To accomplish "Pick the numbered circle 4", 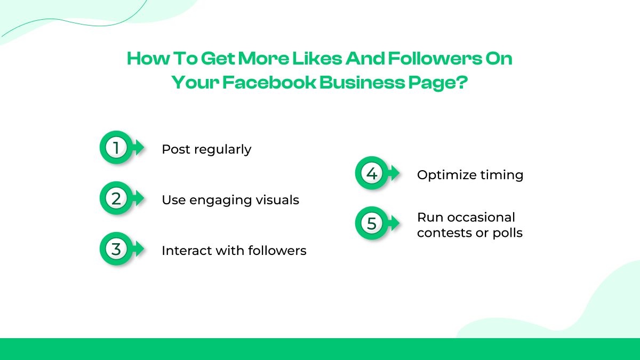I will click(x=371, y=173).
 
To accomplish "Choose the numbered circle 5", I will click(x=371, y=223).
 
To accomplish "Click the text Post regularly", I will click(x=206, y=149).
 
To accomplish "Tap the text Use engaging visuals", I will click(x=230, y=200).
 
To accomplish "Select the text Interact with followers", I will click(x=234, y=250).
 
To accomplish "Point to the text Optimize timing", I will click(x=470, y=175).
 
